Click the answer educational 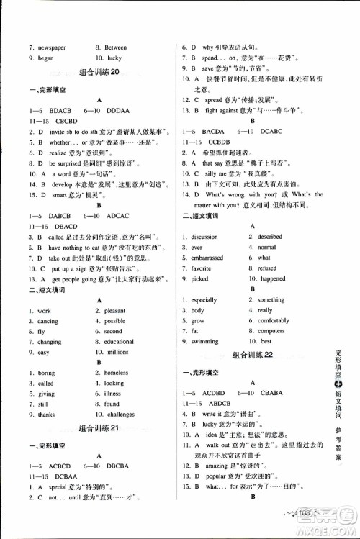[122, 342]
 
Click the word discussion [204, 237]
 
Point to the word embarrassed [207, 258]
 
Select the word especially [204, 300]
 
